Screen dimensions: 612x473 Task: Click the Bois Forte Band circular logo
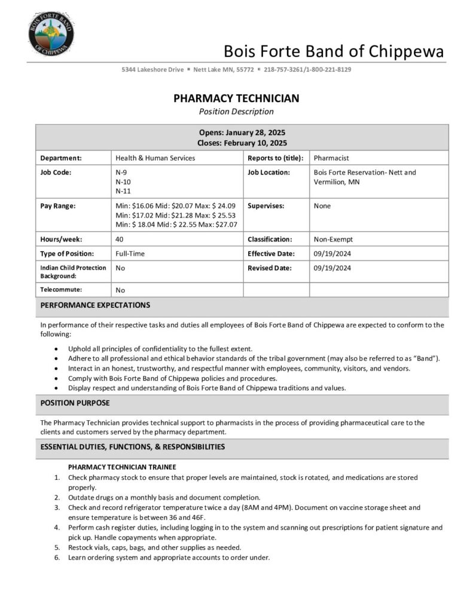point(51,33)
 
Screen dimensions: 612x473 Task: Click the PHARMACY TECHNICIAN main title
point(236,99)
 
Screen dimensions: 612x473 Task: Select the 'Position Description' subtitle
point(236,112)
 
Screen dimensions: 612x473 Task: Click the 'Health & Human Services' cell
point(155,158)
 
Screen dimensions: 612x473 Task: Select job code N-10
point(123,182)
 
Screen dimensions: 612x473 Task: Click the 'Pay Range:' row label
point(58,206)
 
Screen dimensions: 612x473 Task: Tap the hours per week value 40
point(120,239)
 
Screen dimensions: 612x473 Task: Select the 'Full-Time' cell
point(130,253)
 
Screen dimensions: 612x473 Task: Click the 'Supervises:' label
point(266,206)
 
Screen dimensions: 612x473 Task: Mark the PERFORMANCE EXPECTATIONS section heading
point(95,305)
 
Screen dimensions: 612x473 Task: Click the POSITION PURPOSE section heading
point(75,403)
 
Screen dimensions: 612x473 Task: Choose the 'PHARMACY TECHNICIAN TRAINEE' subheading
point(121,467)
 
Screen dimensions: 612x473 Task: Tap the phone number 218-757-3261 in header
point(284,69)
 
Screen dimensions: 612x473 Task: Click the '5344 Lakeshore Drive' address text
point(152,69)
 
